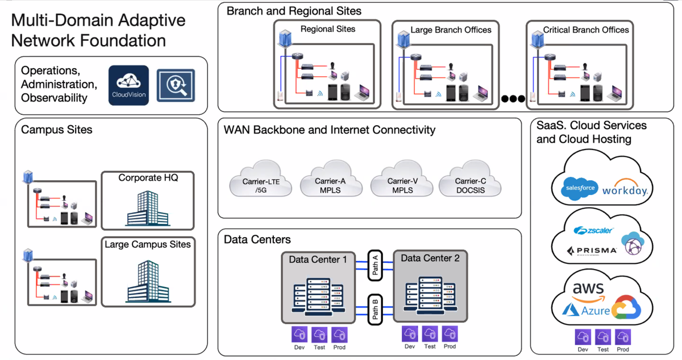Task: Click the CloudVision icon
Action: click(x=128, y=85)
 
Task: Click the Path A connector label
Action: click(x=375, y=264)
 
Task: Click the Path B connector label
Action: click(x=375, y=309)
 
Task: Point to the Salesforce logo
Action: click(x=578, y=188)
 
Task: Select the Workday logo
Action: click(x=625, y=188)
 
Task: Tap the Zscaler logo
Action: click(x=593, y=231)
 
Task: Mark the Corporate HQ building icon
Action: click(x=147, y=208)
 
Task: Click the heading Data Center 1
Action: click(x=318, y=259)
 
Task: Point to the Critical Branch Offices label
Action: click(x=586, y=30)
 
